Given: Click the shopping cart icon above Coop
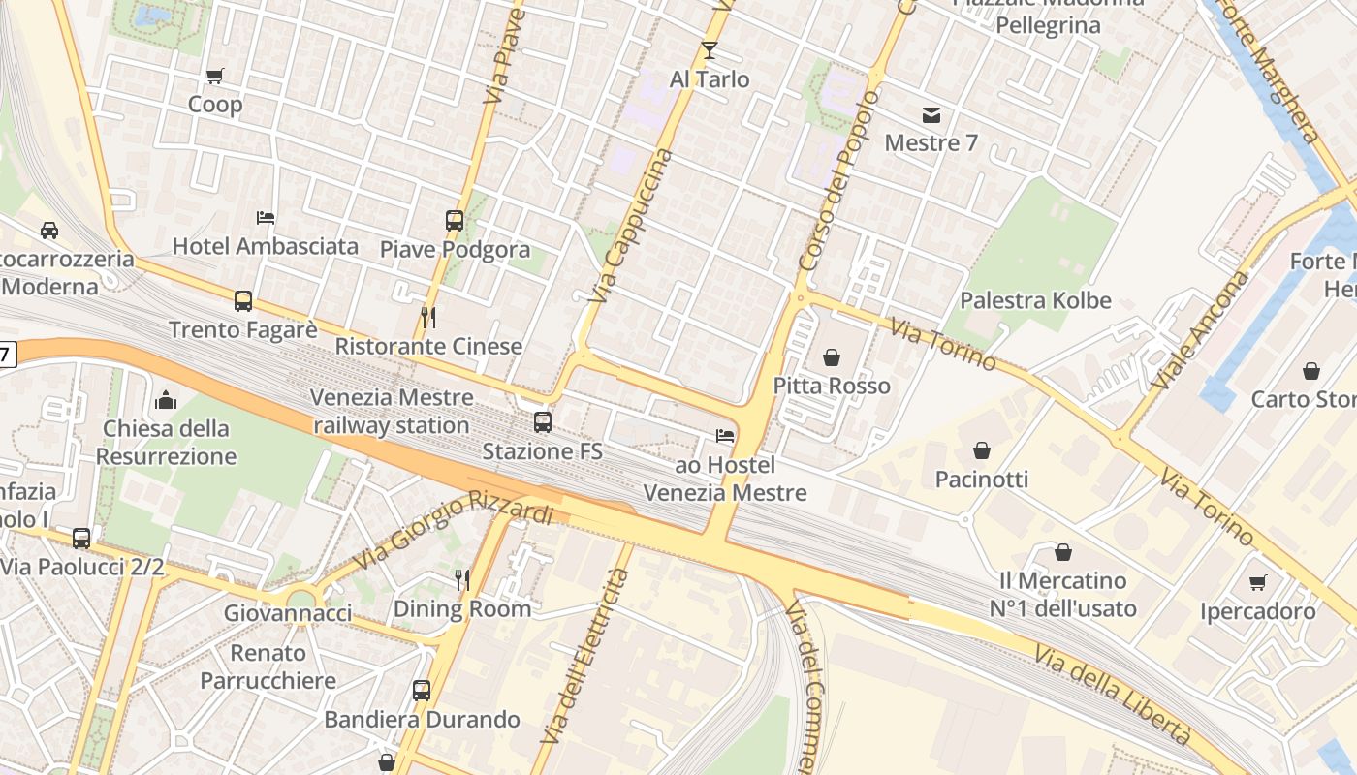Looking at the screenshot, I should [215, 76].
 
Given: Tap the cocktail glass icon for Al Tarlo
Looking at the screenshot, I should [710, 50].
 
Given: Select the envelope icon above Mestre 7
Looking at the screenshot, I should [931, 115].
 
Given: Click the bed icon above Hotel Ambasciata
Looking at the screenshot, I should [266, 218].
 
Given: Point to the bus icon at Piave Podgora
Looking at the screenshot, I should [455, 221].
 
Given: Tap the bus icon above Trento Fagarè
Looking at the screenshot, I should [243, 301].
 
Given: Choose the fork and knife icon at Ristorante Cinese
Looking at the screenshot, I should [428, 318].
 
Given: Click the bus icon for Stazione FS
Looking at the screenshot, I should [543, 422].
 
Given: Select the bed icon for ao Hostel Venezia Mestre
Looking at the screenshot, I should [725, 436].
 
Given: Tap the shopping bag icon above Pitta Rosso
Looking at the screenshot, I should [832, 357].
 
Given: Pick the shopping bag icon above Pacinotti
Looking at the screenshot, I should [982, 450].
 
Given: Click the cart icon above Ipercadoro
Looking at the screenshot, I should [1258, 582].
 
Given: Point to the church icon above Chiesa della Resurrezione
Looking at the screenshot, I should [166, 399].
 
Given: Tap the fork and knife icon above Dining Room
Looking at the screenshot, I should [462, 580].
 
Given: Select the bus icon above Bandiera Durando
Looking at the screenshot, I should [422, 691].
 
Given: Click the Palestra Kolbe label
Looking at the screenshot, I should [1035, 300].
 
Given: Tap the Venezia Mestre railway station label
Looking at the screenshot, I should [392, 412].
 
